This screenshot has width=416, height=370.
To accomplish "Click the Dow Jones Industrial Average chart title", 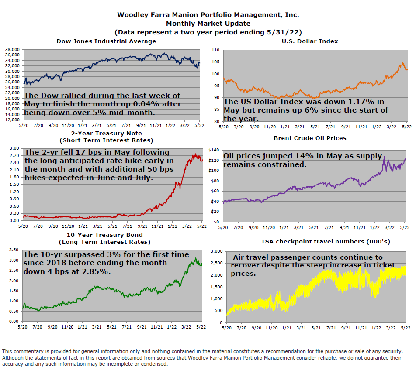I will tap(106, 41).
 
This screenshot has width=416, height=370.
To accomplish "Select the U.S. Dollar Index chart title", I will tap(310, 41).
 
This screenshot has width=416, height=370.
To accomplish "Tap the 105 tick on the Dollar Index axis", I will tap(215, 62).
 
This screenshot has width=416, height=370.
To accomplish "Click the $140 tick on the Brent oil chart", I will tap(215, 150).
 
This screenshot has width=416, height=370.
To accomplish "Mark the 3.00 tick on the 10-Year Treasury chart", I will tap(14, 260).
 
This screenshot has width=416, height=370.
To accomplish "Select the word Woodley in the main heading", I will tap(134, 14).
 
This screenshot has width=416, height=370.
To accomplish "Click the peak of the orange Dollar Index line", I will tap(402, 63).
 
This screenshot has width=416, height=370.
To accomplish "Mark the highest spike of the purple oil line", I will tap(384, 157).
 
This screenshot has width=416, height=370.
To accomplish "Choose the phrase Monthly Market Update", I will tap(208, 23).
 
